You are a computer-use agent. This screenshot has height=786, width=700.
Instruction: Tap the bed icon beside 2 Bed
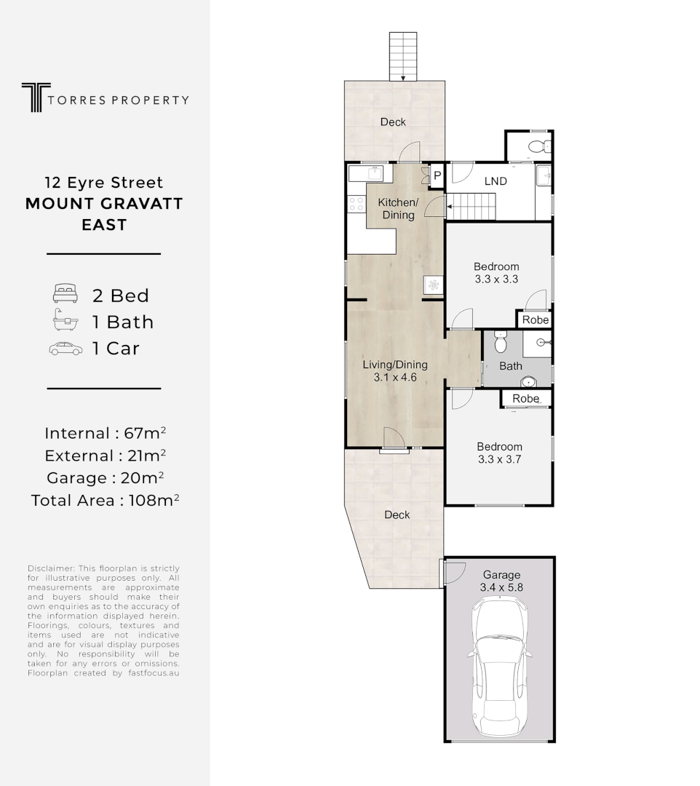(x=65, y=295)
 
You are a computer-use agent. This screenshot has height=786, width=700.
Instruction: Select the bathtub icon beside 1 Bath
(x=65, y=321)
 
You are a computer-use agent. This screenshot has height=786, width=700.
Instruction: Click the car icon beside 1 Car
(x=65, y=348)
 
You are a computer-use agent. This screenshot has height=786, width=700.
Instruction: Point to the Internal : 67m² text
(x=106, y=434)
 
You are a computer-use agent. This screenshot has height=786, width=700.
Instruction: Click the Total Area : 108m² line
(x=106, y=501)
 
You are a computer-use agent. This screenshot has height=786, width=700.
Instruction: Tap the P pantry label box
(x=437, y=175)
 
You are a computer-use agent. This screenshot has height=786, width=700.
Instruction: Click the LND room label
(x=496, y=181)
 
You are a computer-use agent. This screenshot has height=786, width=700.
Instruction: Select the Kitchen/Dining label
(x=397, y=208)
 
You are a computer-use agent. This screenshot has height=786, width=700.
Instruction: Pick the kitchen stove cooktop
(x=357, y=205)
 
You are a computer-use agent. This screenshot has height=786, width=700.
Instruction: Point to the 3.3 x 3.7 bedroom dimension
(x=499, y=459)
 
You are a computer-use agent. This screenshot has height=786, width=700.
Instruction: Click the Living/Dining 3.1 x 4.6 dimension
(x=394, y=378)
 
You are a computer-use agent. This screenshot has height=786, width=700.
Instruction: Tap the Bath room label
(x=510, y=366)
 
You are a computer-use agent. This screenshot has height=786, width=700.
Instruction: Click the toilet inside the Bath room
(x=500, y=341)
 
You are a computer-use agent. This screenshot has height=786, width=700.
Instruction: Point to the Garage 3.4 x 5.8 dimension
(x=500, y=586)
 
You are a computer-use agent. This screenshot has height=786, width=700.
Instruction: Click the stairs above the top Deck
(x=402, y=57)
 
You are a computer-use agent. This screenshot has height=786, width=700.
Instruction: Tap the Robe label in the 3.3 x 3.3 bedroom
(x=535, y=320)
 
